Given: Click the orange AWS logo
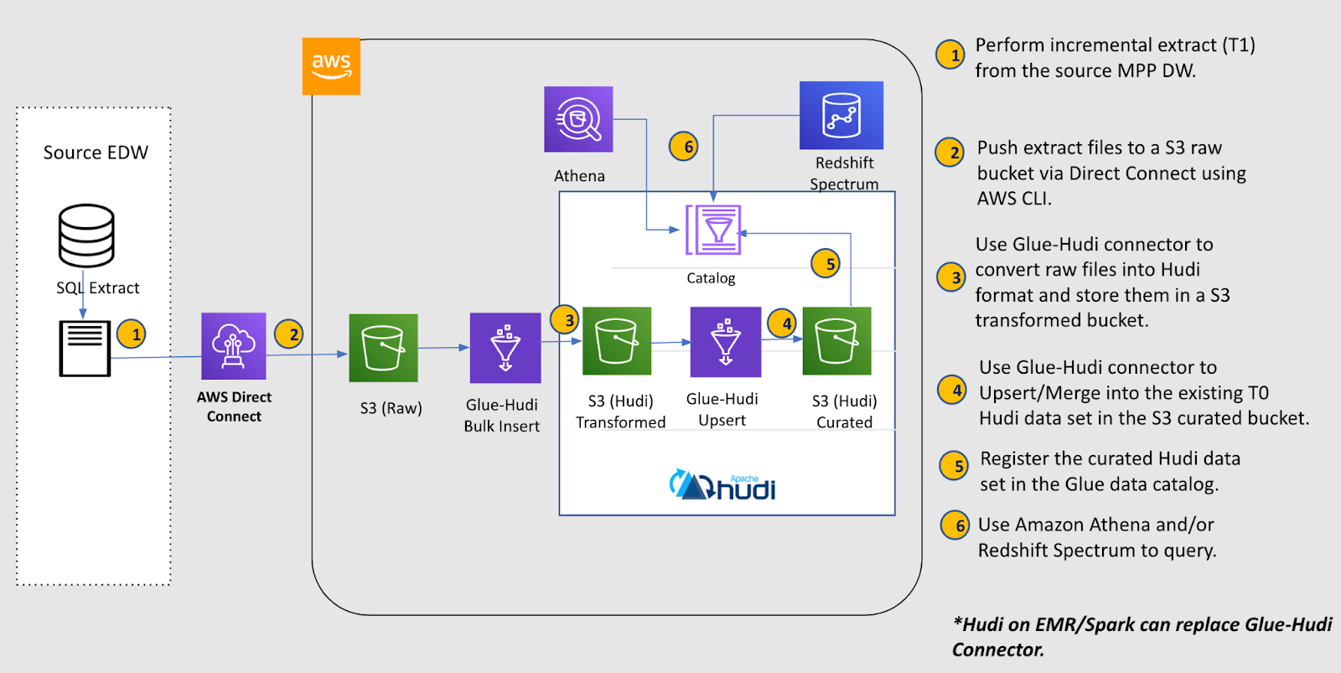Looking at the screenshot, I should pos(331,65).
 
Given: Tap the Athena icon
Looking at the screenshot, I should pos(578,119).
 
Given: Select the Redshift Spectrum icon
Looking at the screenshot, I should pos(841,116).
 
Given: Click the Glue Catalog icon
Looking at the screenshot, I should pos(713,230).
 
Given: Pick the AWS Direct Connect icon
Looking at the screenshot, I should pos(234,346).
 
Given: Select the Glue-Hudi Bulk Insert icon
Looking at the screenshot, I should pos(505,348).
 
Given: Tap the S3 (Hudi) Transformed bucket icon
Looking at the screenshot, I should pos(617,341).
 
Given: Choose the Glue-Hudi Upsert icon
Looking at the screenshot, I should pos(725,342).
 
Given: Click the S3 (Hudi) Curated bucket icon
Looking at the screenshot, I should pos(836,341).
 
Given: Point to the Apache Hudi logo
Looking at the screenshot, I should pos(722,485).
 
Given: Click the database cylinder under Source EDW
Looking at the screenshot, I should pos(86,235).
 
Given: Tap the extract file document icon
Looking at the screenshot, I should pos(85,349).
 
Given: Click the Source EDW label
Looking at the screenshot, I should pos(96,153).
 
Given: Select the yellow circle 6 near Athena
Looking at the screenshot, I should pos(684,147).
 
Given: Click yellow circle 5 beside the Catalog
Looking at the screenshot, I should pos(826,264).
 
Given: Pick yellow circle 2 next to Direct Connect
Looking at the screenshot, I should pos(289,334).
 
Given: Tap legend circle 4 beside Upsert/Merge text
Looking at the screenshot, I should pos(952,391).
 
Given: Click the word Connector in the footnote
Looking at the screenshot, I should pos(997,650).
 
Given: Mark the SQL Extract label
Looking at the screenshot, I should pos(98,288).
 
